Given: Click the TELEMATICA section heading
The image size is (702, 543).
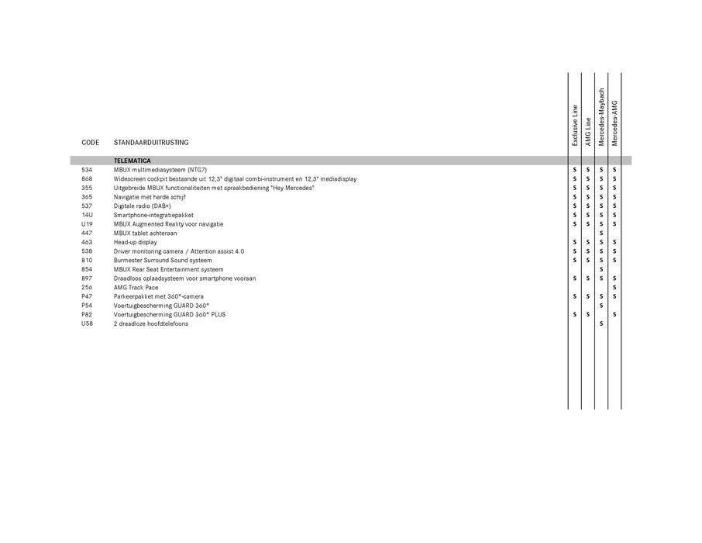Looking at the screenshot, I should click(x=137, y=161).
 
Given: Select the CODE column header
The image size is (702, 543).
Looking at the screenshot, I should click(x=90, y=143).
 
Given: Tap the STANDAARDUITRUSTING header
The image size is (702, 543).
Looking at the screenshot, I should click(x=151, y=143).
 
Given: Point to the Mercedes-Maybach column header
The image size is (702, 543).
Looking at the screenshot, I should click(x=601, y=116).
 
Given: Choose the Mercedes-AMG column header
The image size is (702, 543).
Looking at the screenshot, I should click(x=614, y=122).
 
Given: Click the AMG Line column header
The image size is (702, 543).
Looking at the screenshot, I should click(x=588, y=131).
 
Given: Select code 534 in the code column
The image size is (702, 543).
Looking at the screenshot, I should click(x=86, y=169).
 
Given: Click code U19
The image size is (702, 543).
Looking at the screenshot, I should click(x=87, y=223).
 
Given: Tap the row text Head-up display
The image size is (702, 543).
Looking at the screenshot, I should click(x=135, y=242).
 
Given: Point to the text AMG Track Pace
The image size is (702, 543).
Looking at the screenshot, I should click(x=136, y=287).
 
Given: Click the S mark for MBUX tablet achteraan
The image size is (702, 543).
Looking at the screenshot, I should click(x=601, y=233).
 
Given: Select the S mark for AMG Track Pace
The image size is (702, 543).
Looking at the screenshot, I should click(x=614, y=288).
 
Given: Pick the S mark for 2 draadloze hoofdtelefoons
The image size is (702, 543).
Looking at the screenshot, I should click(x=601, y=324).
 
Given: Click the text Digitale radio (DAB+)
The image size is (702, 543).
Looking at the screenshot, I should click(x=143, y=206).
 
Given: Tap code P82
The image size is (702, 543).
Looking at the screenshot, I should click(x=87, y=315).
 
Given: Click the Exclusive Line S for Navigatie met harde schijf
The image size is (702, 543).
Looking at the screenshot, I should click(x=575, y=197).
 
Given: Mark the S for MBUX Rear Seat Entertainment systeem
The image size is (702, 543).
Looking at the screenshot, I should click(x=601, y=270).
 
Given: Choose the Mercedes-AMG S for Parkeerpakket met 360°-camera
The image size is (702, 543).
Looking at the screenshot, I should click(x=614, y=296).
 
